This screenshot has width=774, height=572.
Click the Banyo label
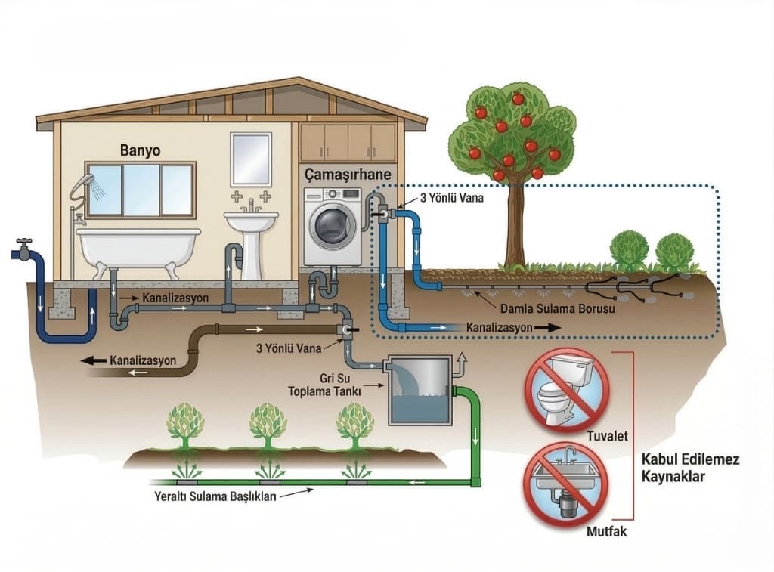(x=141, y=150)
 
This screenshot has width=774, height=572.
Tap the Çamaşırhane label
(x=347, y=175)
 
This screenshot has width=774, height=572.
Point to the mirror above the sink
(x=251, y=159)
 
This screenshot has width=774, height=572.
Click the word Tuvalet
(x=608, y=436)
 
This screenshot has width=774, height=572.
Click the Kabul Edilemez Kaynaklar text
(x=689, y=468)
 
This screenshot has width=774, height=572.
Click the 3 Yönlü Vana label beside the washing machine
(x=451, y=199)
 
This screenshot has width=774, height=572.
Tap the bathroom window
(x=141, y=190)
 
